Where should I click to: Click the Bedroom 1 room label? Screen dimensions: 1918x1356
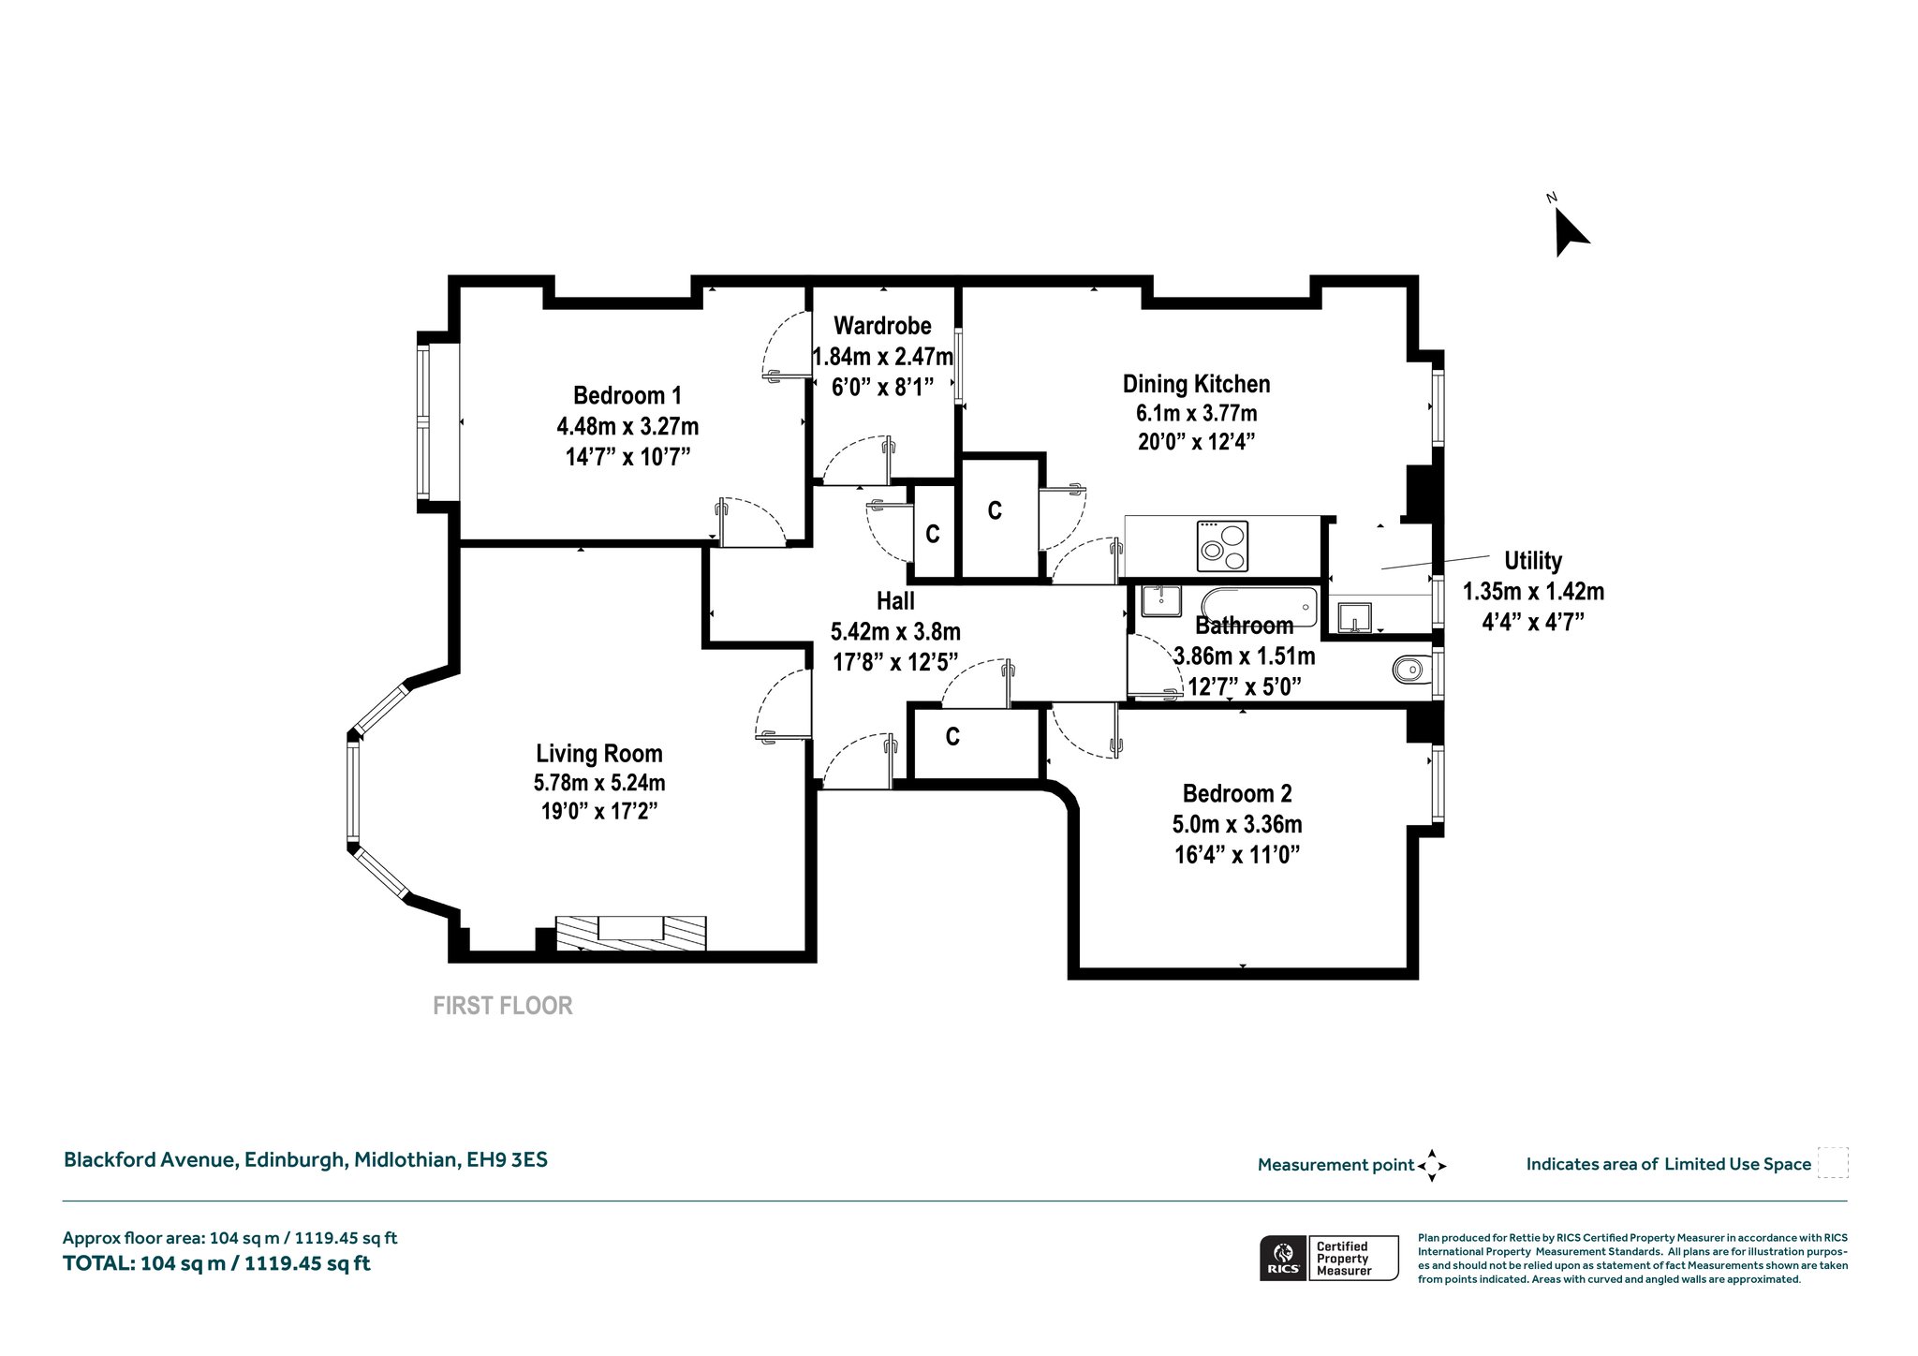tap(627, 395)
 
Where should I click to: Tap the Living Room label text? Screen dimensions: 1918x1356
tap(599, 753)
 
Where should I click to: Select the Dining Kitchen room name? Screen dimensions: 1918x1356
tap(1197, 384)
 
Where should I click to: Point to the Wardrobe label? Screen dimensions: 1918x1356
tap(882, 326)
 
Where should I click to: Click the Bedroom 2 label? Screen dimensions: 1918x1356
tap(1237, 794)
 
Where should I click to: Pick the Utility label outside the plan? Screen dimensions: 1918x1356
tap(1533, 561)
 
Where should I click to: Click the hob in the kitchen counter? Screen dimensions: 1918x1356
tap(1223, 546)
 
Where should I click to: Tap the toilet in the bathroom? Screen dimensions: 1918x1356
tap(1412, 669)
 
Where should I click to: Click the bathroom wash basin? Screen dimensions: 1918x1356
tap(1161, 601)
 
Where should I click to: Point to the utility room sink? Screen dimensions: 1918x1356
tap(1354, 617)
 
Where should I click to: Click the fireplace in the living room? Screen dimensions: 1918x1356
tap(630, 933)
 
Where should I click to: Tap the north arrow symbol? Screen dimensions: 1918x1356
tap(1571, 231)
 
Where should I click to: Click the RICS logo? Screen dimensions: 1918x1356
tap(1283, 1258)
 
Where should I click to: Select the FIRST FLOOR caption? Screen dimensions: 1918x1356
tap(503, 1006)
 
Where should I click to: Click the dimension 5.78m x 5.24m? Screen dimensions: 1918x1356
tap(599, 783)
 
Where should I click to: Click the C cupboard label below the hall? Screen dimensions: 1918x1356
tap(952, 737)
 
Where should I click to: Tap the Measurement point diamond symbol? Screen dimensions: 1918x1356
tap(1432, 1166)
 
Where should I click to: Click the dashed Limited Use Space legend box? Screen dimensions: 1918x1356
tap(1833, 1162)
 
